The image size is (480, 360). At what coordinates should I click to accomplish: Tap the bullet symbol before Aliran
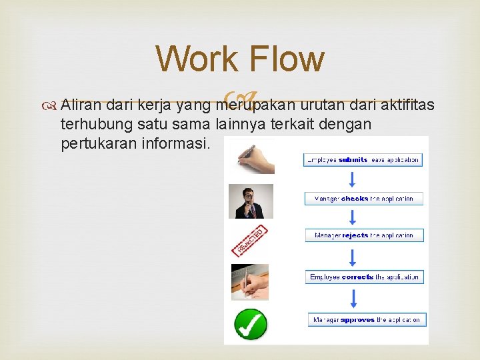[x=51, y=105]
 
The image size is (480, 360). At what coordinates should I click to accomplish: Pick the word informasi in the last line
[x=179, y=143]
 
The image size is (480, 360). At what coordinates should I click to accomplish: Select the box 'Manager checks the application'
[x=364, y=199]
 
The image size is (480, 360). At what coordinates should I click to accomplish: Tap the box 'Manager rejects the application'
[x=364, y=235]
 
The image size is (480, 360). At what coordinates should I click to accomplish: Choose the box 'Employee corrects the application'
[x=365, y=277]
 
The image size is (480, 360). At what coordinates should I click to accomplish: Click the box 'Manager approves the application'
[x=365, y=320]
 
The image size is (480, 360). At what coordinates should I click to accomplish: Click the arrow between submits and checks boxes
[x=353, y=179]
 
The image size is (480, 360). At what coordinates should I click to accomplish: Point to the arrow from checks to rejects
[x=353, y=217]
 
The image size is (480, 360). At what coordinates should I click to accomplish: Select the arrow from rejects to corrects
[x=353, y=256]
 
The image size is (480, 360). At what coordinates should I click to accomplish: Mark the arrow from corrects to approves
[x=353, y=298]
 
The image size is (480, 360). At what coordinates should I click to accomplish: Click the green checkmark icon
[x=251, y=324]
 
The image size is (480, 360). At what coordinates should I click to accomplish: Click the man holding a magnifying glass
[x=251, y=201]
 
